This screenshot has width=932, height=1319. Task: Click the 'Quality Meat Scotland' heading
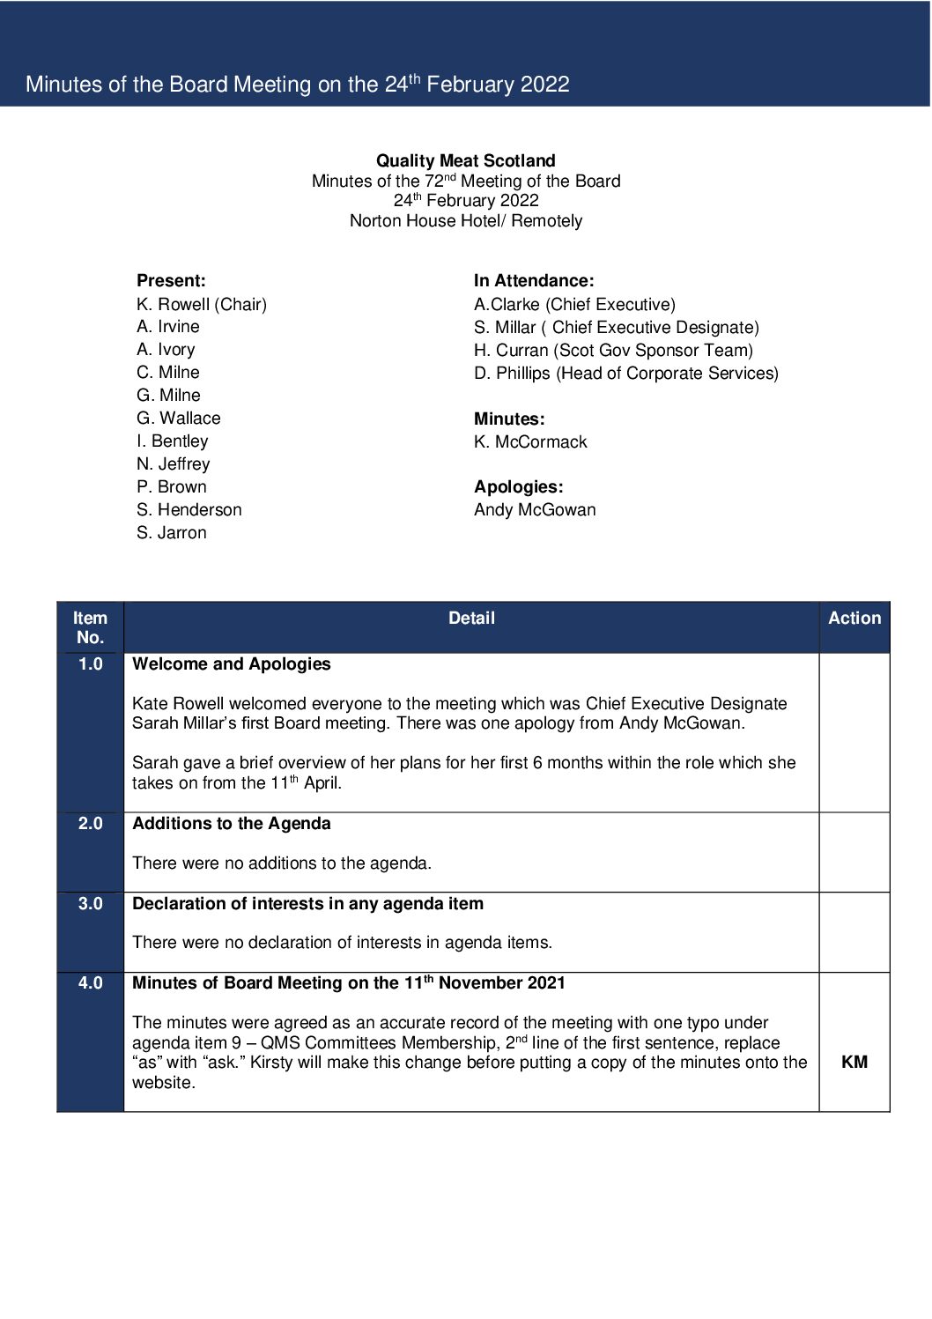click(x=465, y=160)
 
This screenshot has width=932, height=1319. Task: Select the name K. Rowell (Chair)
click(x=202, y=304)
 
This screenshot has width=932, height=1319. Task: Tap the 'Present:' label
click(x=171, y=281)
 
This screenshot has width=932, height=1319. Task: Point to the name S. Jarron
click(x=172, y=532)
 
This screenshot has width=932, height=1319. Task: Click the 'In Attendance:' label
click(x=534, y=281)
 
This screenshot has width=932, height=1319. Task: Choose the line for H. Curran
click(x=613, y=350)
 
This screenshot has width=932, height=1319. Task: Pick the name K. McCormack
click(x=530, y=441)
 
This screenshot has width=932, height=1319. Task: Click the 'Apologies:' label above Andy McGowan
click(x=518, y=486)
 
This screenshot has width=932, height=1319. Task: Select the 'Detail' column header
click(x=471, y=619)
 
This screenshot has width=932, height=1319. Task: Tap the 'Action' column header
click(x=854, y=619)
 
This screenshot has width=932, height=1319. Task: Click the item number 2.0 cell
click(x=91, y=824)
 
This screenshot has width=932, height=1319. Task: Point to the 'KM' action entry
click(x=854, y=1062)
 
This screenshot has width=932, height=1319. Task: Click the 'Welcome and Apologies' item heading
click(x=232, y=664)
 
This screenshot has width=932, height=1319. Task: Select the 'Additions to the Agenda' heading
click(x=232, y=824)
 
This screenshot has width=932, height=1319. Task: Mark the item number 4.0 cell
click(x=91, y=983)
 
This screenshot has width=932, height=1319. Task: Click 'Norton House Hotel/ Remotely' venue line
click(x=465, y=220)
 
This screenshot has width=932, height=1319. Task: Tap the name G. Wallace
click(x=179, y=418)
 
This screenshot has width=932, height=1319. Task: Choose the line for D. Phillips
click(x=625, y=373)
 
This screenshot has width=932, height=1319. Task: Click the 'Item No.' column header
click(x=91, y=627)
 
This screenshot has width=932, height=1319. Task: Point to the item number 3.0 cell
click(x=91, y=904)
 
